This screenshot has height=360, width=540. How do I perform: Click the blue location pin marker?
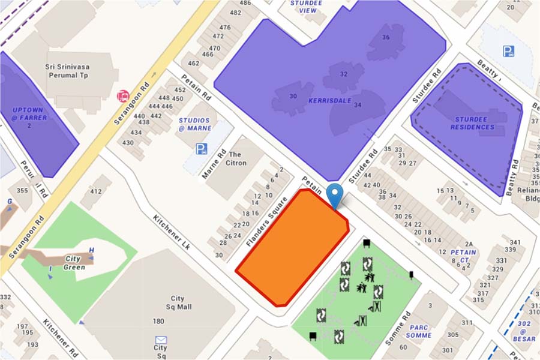pos(336,195)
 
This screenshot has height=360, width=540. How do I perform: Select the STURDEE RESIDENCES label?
pos(474,123)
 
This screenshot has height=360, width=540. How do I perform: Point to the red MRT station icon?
pos(123,95)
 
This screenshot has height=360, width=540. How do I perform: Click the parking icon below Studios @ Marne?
pos(201,149)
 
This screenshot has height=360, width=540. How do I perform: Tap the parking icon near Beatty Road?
pos(508,52)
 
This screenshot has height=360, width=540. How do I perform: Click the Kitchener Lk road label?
pos(171,233)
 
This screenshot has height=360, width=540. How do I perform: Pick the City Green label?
pos(75,263)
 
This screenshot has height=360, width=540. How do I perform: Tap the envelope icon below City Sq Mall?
pos(160,339)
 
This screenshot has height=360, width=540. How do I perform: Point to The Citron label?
pos(236,158)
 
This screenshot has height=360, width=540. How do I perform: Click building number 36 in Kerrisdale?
pos(386,37)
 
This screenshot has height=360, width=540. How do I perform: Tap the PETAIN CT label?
pos(463,256)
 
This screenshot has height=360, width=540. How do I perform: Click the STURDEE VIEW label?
pos(307,6)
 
